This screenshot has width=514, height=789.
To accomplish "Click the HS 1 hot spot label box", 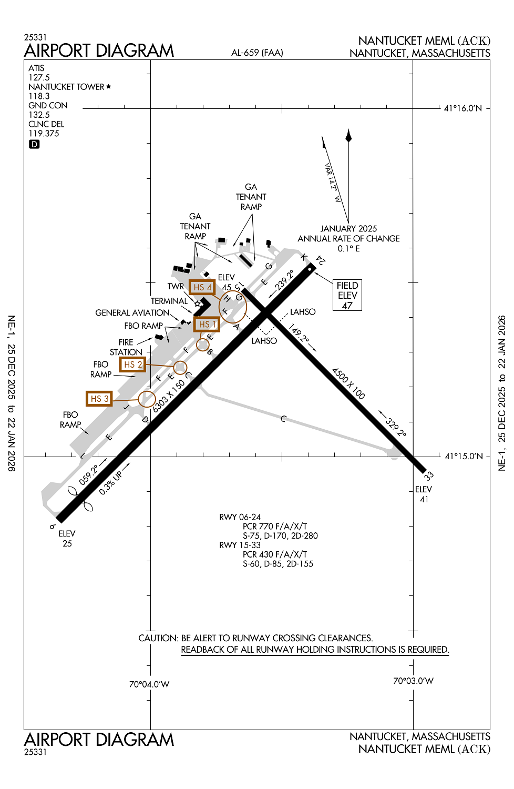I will click(x=207, y=325).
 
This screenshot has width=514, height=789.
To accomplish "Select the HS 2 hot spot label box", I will click(x=132, y=365).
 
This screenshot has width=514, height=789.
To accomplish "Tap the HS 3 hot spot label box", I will click(x=99, y=399).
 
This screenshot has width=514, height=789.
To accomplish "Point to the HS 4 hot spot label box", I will click(x=202, y=287).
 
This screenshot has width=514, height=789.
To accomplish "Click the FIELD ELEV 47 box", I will click(x=347, y=296).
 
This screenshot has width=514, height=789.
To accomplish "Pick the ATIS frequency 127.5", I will click(x=39, y=77).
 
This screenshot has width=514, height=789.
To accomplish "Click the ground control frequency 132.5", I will click(x=39, y=115).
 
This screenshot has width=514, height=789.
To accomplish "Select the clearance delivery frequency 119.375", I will click(x=44, y=134).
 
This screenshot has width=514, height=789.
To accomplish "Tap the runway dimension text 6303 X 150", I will click(x=169, y=396).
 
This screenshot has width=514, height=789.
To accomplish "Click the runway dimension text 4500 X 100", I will click(x=348, y=383).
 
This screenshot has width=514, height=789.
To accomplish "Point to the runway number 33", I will click(x=429, y=476).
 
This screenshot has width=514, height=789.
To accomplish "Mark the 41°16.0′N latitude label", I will click(x=462, y=108).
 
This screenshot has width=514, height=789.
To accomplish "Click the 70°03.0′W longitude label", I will click(x=413, y=681).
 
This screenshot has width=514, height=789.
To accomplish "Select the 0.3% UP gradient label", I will click(x=110, y=483).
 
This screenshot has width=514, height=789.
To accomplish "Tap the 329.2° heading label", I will click(x=395, y=427).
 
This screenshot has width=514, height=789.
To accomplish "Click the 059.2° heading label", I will click(x=89, y=474).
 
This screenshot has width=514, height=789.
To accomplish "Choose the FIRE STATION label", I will click(x=126, y=347).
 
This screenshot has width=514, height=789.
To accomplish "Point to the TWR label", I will click(x=176, y=287).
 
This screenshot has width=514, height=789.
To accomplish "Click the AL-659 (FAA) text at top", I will click(x=257, y=53).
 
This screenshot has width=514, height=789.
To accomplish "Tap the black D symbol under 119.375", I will click(x=34, y=144).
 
